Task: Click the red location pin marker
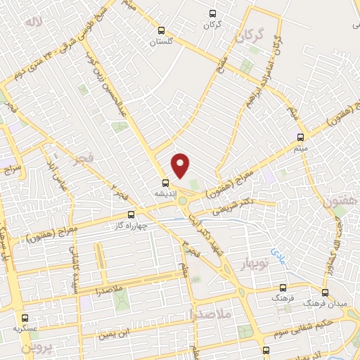pos(181,165)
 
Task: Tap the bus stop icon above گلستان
pos(162,30)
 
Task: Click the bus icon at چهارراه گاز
pos(131,215)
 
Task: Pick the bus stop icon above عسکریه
pos(26,317)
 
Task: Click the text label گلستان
pos(161,41)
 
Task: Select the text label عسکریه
pos(26,328)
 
